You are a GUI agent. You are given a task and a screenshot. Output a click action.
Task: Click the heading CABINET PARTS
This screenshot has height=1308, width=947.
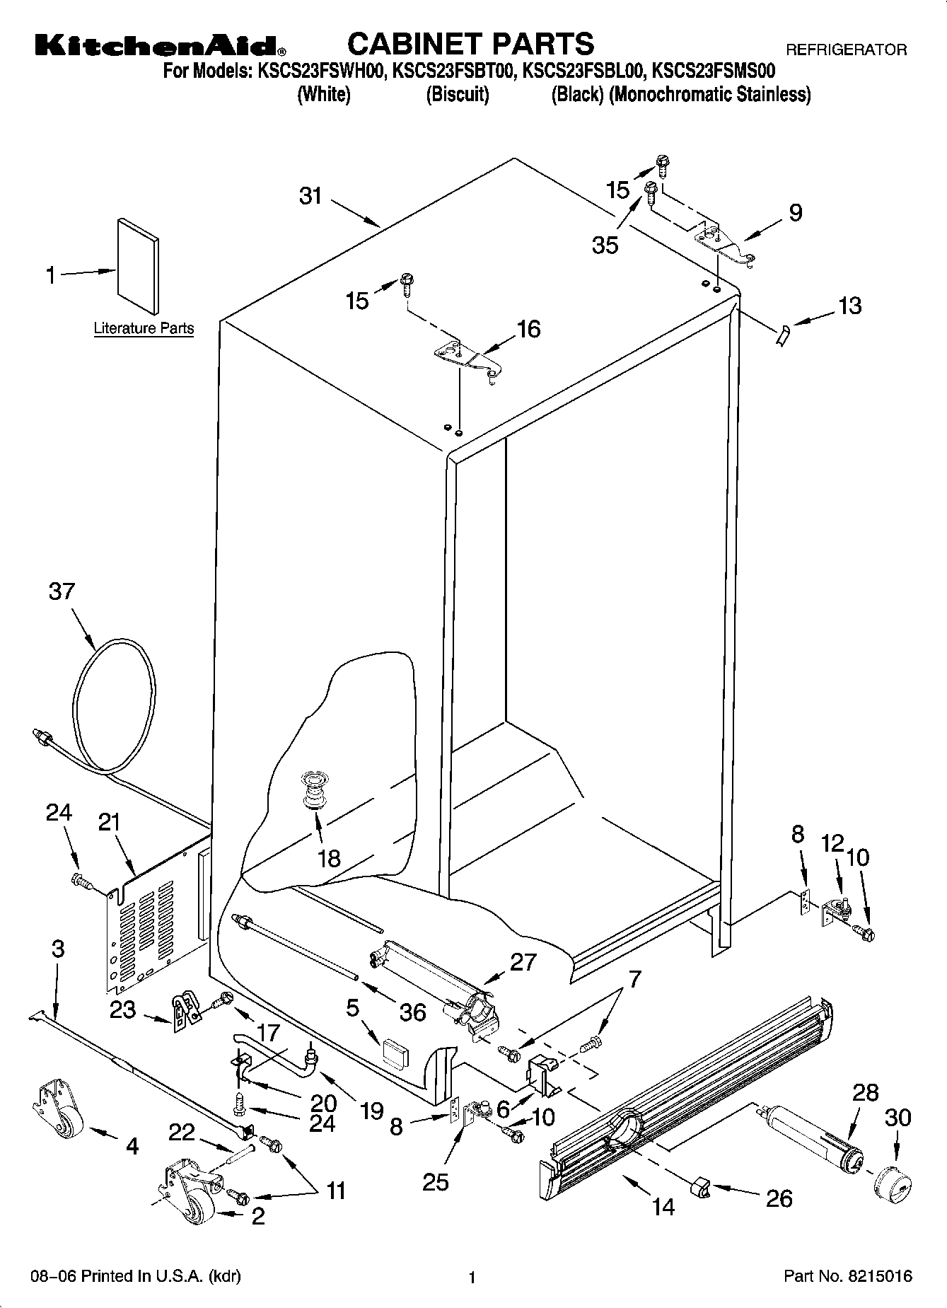pyautogui.click(x=470, y=44)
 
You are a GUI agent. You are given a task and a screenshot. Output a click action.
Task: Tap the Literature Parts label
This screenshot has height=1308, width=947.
pyautogui.click(x=144, y=328)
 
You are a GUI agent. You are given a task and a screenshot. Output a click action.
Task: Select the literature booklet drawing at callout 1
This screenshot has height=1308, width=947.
pyautogui.click(x=138, y=265)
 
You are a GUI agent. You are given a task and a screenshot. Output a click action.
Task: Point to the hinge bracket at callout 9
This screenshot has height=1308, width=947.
pyautogui.click(x=725, y=244)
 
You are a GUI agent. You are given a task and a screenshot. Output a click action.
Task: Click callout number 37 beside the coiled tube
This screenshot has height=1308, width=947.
pyautogui.click(x=62, y=591)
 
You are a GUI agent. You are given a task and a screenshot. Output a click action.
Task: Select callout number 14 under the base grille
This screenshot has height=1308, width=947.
pyautogui.click(x=663, y=1206)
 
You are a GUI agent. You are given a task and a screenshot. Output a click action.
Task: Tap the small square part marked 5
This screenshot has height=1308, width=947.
pyautogui.click(x=395, y=1053)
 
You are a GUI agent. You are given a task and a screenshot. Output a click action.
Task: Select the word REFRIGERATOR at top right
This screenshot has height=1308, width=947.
pyautogui.click(x=846, y=50)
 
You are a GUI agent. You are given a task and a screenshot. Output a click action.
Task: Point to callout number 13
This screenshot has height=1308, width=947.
pyautogui.click(x=849, y=306)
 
